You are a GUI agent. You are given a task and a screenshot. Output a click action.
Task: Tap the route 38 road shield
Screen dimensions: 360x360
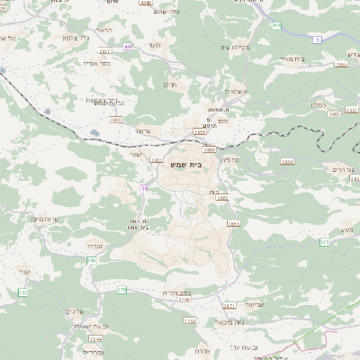click(144, 188)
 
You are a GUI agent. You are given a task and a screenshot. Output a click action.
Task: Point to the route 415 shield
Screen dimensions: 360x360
click(275, 25)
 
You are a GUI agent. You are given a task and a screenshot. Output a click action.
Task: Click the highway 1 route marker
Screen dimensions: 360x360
click(319, 40)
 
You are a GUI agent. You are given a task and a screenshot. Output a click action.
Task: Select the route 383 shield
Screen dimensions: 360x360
click(91, 260)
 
